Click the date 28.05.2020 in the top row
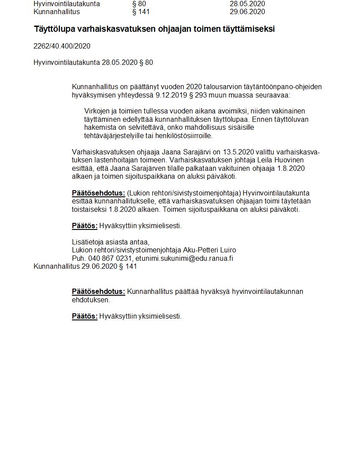pos(247,4)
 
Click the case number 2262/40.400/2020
pos(62,46)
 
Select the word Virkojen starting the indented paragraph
pos(98,111)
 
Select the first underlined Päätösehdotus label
pos(98,193)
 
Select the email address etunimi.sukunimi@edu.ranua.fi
pos(184,258)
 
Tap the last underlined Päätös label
pos(84,316)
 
